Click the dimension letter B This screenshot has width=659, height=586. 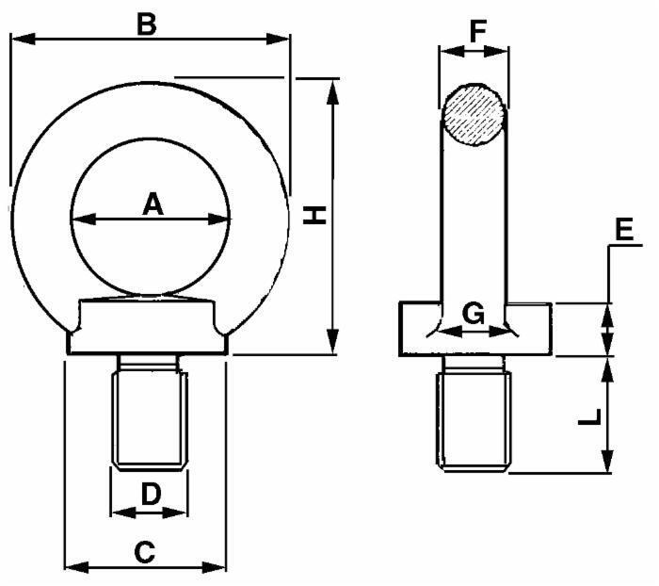click(147, 24)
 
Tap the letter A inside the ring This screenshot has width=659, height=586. click(153, 203)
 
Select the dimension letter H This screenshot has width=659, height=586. click(314, 216)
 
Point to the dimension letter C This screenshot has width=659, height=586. click(145, 552)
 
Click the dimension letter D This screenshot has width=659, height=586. click(151, 494)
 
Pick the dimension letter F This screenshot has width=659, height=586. click(477, 31)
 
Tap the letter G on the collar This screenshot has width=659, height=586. click(474, 314)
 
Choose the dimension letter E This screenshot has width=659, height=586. click(624, 230)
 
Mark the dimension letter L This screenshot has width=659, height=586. click(590, 416)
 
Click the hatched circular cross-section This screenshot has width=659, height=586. click(474, 115)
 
